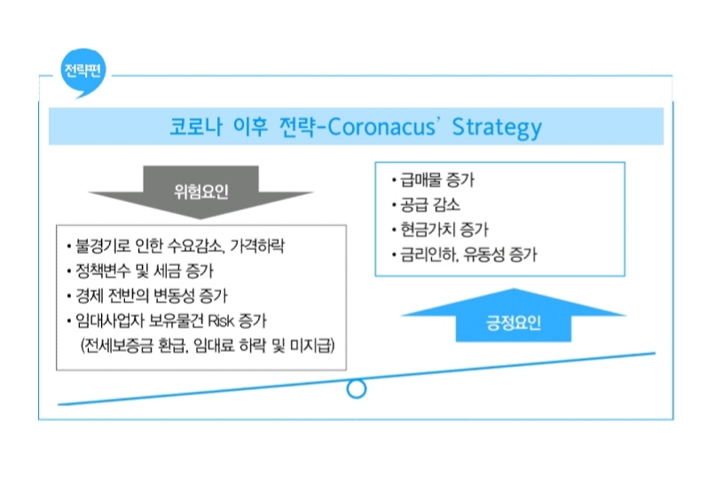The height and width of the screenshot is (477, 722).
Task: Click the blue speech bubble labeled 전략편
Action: pyautogui.click(x=83, y=72)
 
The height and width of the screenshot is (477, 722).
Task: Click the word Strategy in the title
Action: pyautogui.click(x=497, y=128)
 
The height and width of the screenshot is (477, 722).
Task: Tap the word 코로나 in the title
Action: pyautogui.click(x=196, y=127)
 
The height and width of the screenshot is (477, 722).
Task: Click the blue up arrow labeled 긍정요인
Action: pyautogui.click(x=514, y=317)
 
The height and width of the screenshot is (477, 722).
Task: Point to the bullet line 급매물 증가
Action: pyautogui.click(x=433, y=180)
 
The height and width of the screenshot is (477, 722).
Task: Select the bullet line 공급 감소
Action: pyautogui.click(x=426, y=205)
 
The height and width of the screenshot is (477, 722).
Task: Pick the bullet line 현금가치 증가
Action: pyautogui.click(x=440, y=230)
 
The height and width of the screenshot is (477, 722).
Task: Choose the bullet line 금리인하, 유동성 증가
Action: pyautogui.click(x=464, y=254)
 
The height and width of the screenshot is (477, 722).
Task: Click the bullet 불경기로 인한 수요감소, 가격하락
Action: pyautogui.click(x=176, y=246)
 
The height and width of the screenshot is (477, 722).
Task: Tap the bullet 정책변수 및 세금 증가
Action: pyautogui.click(x=140, y=270)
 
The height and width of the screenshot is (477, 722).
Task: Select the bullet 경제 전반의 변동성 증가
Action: pyautogui.click(x=147, y=295)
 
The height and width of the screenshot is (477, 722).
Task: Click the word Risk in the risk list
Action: pyautogui.click(x=221, y=320)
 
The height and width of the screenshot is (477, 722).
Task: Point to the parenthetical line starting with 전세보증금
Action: pyautogui.click(x=208, y=345)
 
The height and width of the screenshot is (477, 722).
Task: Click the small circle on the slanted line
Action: pyautogui.click(x=357, y=388)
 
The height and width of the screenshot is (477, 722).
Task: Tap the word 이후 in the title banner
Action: pyautogui.click(x=250, y=127)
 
